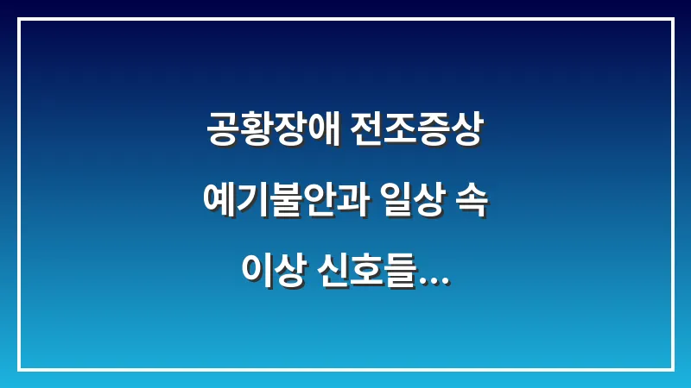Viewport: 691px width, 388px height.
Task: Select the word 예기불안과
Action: (x=286, y=202)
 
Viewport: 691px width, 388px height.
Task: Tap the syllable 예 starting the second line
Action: (x=219, y=202)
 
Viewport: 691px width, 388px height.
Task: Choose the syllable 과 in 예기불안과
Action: (x=353, y=202)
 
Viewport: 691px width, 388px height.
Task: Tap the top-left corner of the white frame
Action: (x=19, y=20)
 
